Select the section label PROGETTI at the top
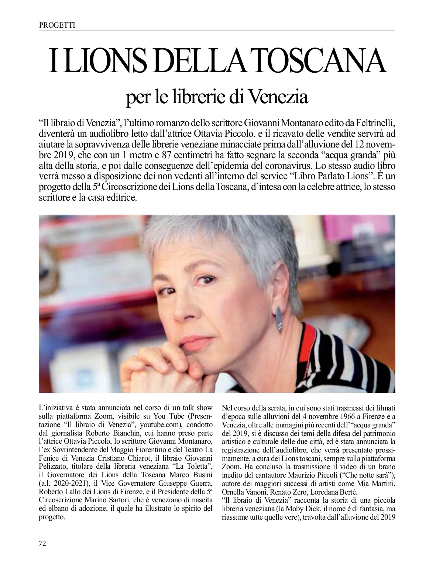(57, 25)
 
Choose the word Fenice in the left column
(49, 456)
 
